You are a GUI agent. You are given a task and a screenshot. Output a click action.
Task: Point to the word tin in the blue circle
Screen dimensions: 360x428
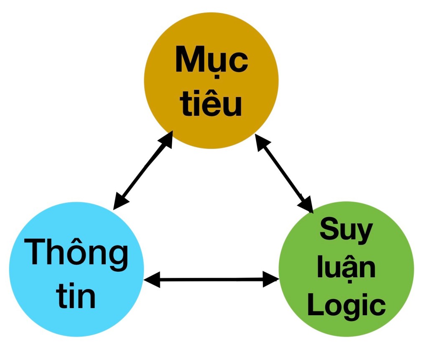click(x=76, y=296)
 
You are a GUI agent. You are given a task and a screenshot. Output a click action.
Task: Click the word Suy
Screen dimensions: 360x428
click(x=346, y=231)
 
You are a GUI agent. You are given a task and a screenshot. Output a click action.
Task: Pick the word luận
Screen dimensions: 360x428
click(x=346, y=268)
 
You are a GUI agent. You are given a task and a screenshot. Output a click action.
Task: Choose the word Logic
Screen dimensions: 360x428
click(x=346, y=306)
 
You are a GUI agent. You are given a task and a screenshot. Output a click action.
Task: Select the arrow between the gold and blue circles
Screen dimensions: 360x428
click(x=143, y=171)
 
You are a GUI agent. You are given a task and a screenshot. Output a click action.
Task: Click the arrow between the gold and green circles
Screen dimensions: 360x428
click(x=284, y=174)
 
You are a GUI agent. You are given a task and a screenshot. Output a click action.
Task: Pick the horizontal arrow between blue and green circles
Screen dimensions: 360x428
click(x=211, y=279)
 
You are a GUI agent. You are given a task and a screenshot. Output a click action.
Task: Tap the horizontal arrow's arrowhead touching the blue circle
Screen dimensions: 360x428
click(x=151, y=279)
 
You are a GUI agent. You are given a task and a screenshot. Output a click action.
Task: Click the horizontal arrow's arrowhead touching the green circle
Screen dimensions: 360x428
click(x=272, y=279)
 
